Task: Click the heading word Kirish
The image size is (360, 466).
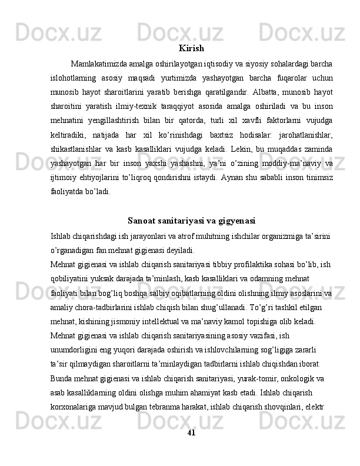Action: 191,48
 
